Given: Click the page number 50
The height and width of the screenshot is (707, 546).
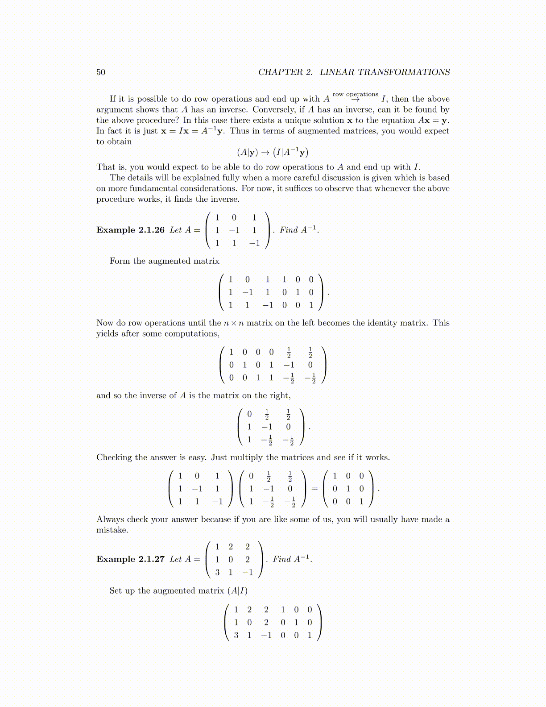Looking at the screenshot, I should point(101,72).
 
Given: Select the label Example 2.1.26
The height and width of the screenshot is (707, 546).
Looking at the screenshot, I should point(130,230).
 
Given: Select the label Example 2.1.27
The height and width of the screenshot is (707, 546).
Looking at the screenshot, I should point(130,559).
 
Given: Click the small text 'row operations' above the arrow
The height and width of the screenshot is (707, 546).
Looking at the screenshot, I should point(355,94).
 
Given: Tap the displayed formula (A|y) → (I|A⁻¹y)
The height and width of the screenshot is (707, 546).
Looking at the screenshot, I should point(273,153).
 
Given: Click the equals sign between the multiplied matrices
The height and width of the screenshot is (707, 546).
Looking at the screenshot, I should point(314,489).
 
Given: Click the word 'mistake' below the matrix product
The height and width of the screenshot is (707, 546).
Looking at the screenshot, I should point(112,530).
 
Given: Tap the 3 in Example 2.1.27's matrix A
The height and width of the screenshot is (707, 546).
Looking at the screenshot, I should point(217,572).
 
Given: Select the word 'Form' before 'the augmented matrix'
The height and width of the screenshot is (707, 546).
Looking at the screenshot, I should point(120,261).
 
